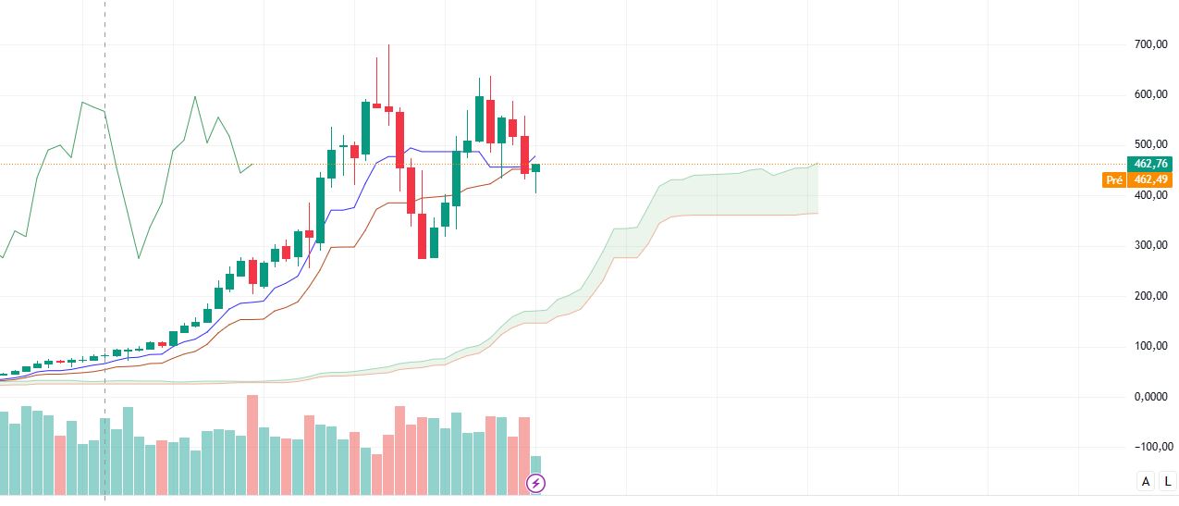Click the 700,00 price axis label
tap(1149, 44)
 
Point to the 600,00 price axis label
tap(1149, 94)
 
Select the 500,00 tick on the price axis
tap(1149, 144)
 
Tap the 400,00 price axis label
tap(1149, 195)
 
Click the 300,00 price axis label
tap(1149, 245)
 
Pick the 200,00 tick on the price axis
tap(1149, 296)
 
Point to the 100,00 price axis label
tap(1149, 346)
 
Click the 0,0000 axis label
tap(1149, 397)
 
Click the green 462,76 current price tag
tap(1151, 164)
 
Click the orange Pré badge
tap(1113, 180)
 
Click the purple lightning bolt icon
tap(536, 483)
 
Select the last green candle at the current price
tap(535, 167)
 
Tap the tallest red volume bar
tap(252, 444)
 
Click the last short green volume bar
tap(535, 474)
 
